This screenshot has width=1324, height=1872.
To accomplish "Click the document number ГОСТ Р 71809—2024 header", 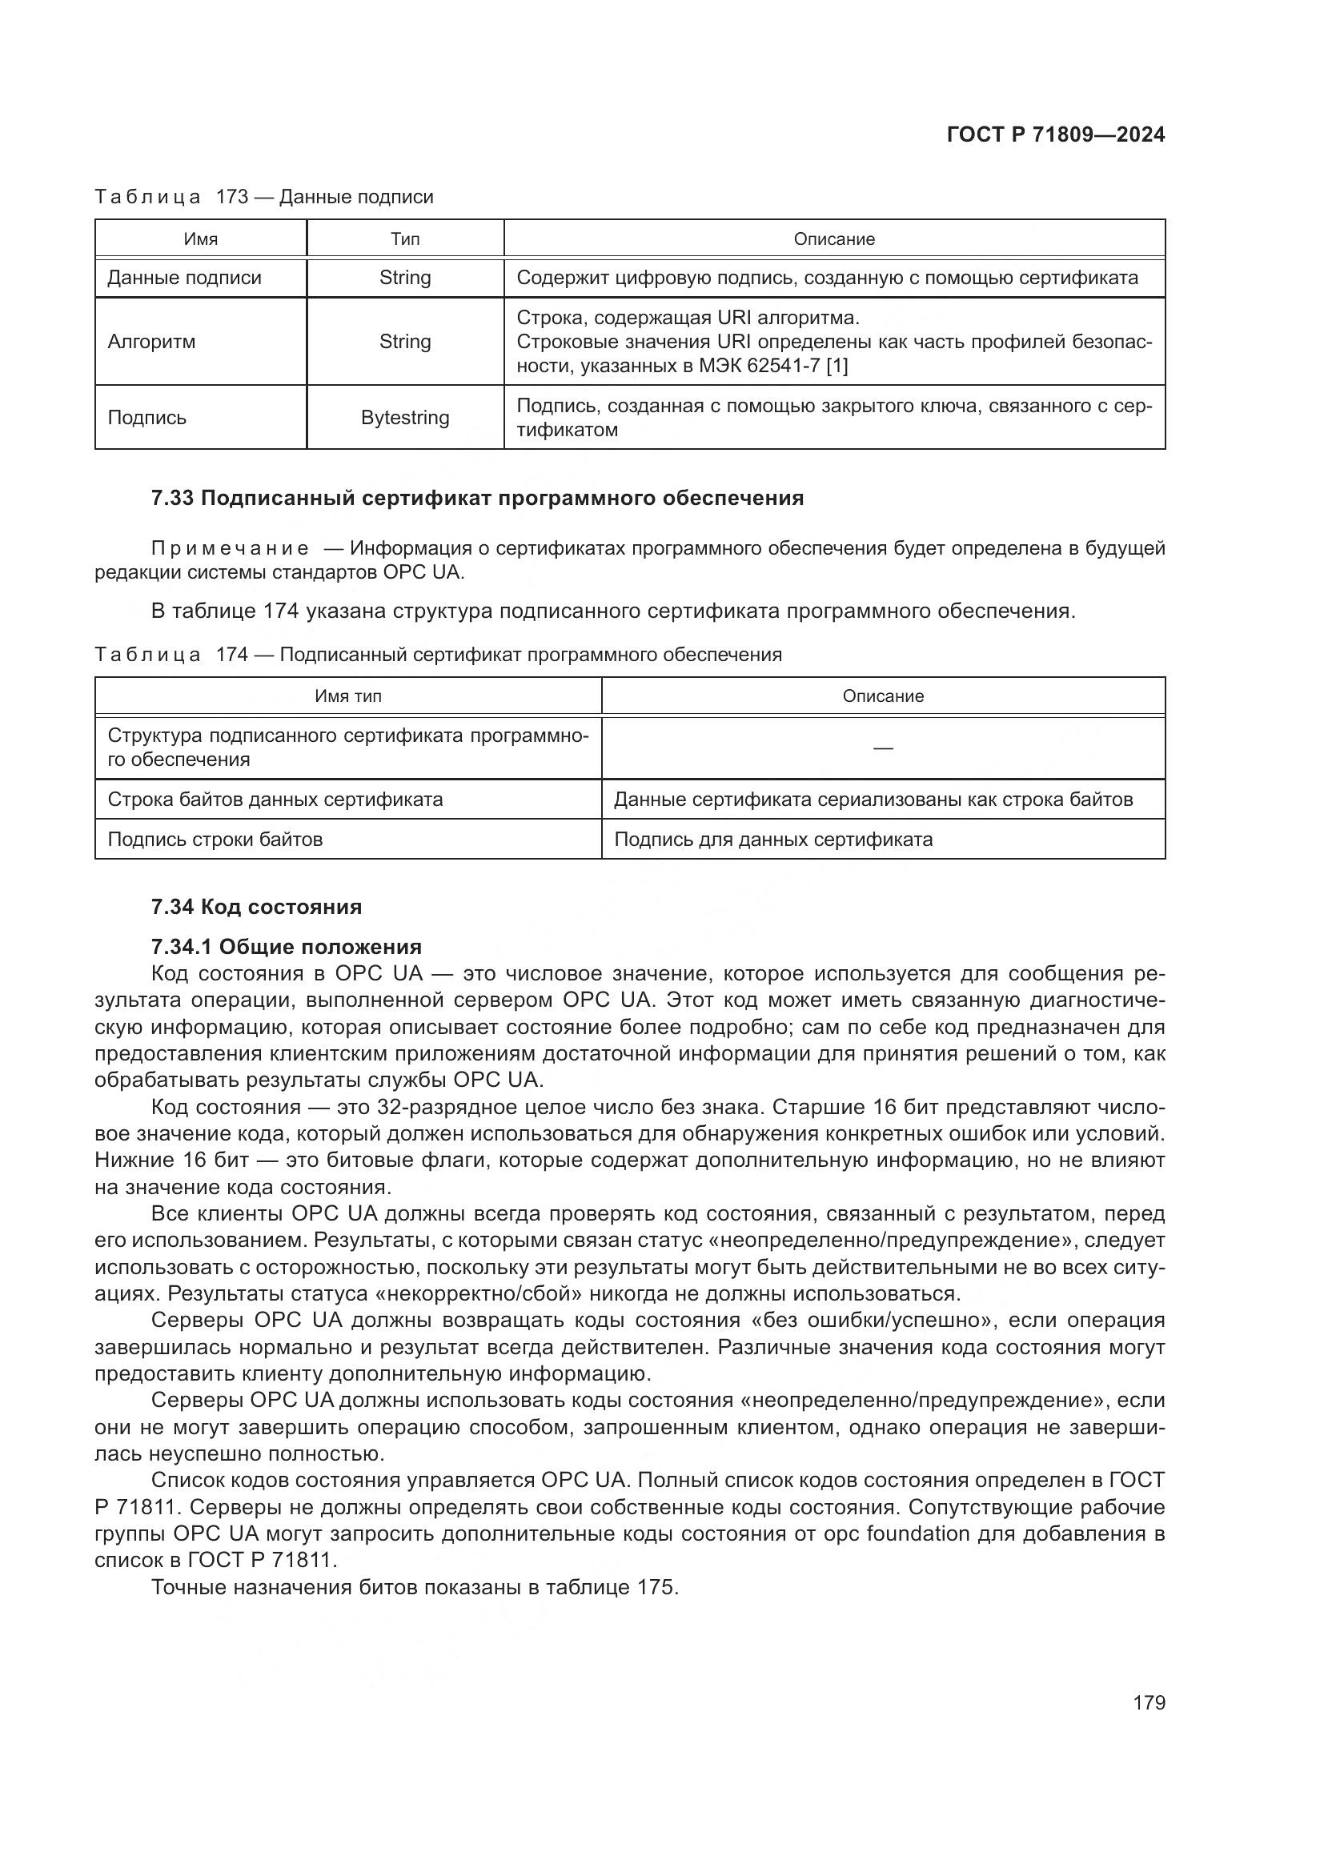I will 1056,135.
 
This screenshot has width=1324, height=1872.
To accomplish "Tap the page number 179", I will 1149,1702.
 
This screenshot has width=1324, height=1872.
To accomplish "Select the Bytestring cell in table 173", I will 405,418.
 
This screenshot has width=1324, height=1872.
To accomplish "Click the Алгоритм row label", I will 151,342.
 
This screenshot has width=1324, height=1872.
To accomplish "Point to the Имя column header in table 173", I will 201,239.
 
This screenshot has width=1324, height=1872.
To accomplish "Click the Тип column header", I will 405,239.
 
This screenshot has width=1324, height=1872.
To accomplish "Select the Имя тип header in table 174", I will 348,696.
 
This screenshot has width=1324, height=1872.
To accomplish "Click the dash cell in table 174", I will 883,748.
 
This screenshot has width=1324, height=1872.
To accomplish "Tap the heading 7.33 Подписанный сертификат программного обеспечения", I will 478,498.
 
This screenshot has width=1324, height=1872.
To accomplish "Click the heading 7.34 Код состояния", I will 257,907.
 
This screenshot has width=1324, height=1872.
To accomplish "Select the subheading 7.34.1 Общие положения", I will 286,947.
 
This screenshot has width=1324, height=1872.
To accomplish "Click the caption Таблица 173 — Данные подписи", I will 264,197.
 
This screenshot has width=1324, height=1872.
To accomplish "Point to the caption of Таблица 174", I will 438,655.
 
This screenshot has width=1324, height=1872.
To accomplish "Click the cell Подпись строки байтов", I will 215,839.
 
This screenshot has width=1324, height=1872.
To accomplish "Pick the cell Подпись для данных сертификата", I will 773,839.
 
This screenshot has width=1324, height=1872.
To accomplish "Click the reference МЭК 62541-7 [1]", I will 773,366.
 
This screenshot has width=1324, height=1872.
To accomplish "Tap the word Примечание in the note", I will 230,549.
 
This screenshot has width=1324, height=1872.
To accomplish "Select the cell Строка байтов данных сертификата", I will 275,799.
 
